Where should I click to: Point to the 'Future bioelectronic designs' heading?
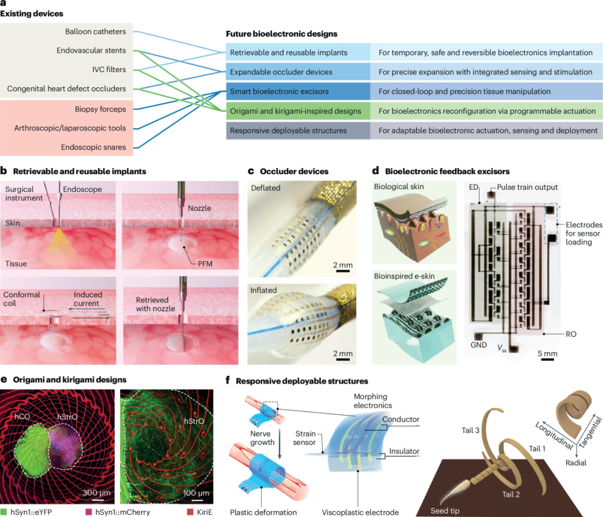(282, 34)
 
